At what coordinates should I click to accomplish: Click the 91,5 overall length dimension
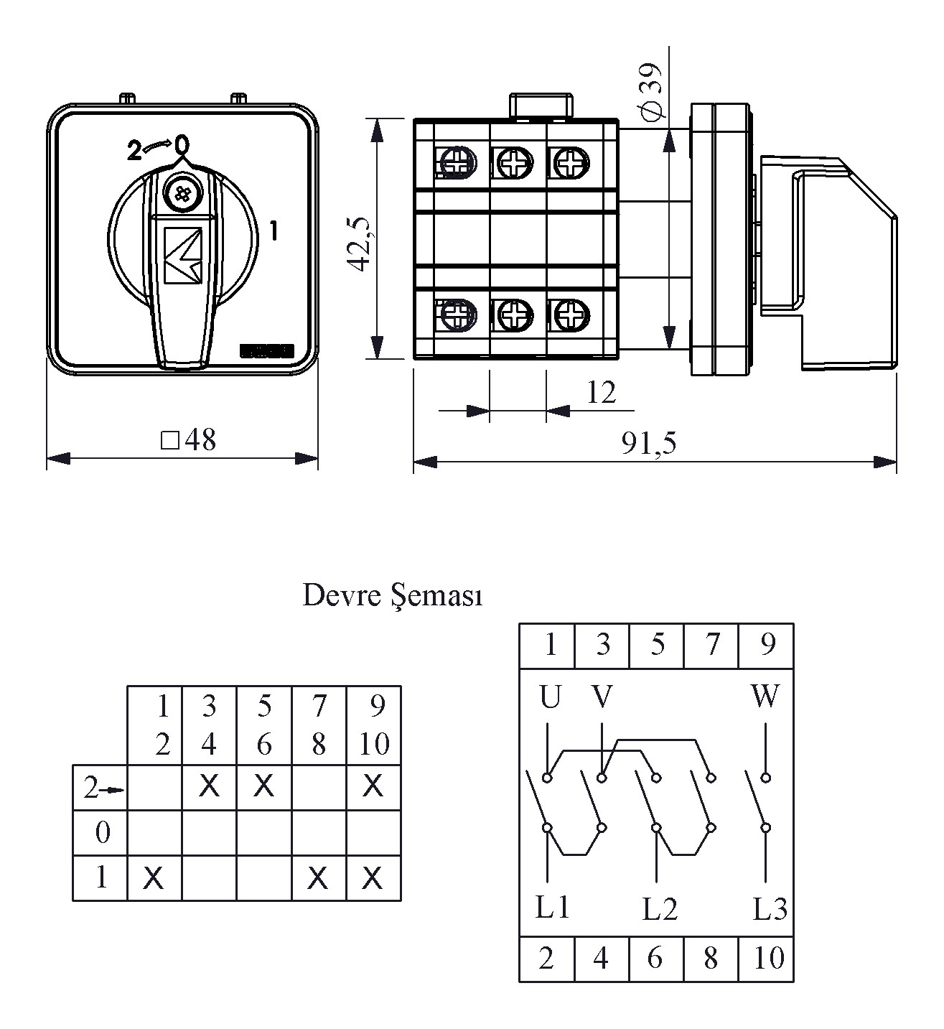click(x=649, y=444)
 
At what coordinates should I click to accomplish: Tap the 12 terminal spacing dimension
click(x=601, y=393)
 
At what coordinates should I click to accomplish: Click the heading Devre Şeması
click(x=392, y=596)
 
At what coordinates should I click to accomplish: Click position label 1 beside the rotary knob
click(x=273, y=231)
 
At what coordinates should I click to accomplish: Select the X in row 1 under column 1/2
click(x=154, y=877)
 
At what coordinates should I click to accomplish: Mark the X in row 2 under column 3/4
click(x=209, y=787)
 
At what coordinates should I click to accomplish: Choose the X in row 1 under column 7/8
click(x=318, y=877)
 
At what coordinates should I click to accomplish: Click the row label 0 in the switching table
click(x=103, y=833)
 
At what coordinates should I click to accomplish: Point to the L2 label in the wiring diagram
click(x=660, y=910)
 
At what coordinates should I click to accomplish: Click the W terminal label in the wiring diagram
click(x=765, y=696)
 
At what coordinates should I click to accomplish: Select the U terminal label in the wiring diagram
click(x=550, y=697)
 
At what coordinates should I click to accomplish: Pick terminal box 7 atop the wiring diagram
click(x=711, y=645)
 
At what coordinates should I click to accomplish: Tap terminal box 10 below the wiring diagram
click(x=767, y=958)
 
